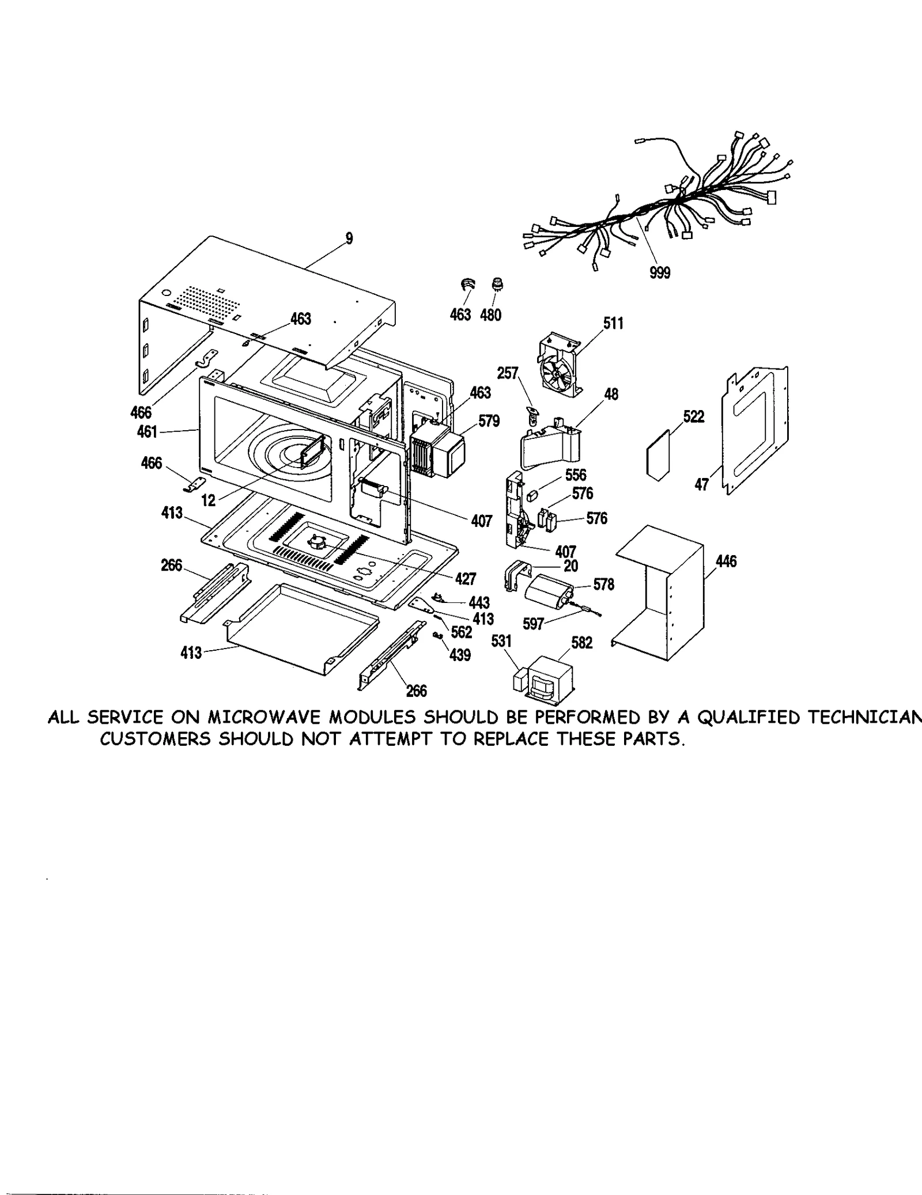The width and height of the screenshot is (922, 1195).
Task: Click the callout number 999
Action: point(660,272)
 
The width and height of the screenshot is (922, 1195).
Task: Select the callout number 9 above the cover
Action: point(349,238)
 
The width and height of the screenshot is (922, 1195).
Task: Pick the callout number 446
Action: point(726,561)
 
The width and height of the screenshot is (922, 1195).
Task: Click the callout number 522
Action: point(694,416)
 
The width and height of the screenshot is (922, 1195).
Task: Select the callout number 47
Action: point(701,485)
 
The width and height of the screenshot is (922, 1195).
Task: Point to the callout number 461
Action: point(148,431)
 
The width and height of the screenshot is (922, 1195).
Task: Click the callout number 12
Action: point(208,500)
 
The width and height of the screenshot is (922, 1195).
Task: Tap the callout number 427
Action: point(466,578)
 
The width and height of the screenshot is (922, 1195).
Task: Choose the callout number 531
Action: point(501,640)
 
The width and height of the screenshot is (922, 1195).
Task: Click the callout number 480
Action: point(490,315)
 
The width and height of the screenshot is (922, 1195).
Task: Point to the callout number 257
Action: point(508,373)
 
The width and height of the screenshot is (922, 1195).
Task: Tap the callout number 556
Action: point(576,475)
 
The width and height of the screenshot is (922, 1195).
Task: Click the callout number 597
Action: point(533,624)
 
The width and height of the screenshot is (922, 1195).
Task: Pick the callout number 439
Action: point(460,655)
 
